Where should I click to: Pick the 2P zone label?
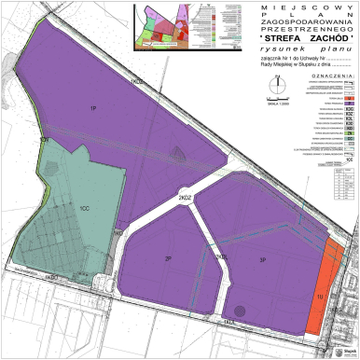pos(168,258)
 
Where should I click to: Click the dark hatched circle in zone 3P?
pos(241,311)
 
